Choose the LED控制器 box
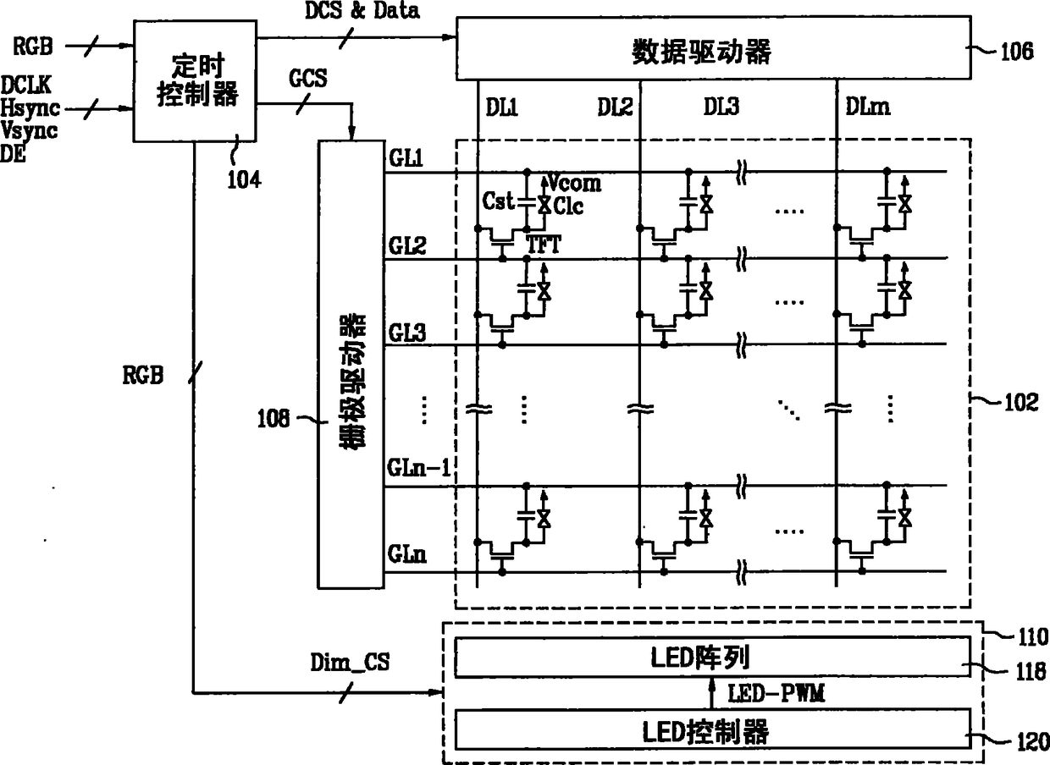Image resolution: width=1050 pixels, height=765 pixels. [x=713, y=729]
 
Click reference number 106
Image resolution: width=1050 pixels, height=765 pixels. [x=1016, y=50]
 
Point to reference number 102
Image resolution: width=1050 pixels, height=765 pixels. [x=1020, y=403]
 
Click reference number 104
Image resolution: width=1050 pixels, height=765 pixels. [x=244, y=178]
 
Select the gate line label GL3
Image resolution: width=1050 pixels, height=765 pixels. [x=407, y=331]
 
